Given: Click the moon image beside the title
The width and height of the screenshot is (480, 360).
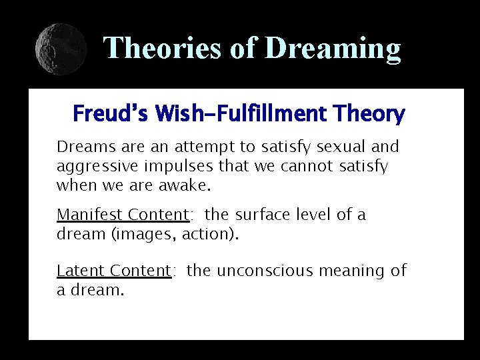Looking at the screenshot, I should coord(61,49).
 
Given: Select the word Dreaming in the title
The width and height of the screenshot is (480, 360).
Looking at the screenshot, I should coord(333,48).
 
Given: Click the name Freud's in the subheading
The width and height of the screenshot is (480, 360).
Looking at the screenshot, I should coord(109,114).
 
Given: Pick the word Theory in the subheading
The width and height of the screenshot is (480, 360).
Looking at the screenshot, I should coord(371,114).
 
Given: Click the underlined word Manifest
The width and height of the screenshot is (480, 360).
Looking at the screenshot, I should coord(89,215).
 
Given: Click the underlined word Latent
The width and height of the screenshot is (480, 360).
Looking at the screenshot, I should coord(81,271).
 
